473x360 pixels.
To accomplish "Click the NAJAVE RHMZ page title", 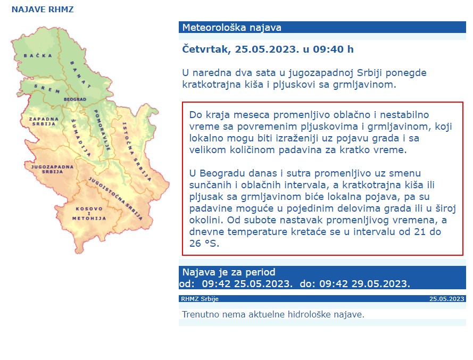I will click(43, 10).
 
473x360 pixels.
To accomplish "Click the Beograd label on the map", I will click(74, 99).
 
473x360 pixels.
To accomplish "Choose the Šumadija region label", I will click(81, 138).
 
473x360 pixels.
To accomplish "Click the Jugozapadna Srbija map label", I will click(52, 170).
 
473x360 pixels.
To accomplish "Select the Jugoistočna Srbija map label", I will click(115, 197).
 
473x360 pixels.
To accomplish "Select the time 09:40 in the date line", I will click(328, 49).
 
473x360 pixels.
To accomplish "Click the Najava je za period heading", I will click(229, 272).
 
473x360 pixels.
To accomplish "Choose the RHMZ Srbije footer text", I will click(200, 299).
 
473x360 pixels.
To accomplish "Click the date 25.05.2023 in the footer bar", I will click(447, 299).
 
